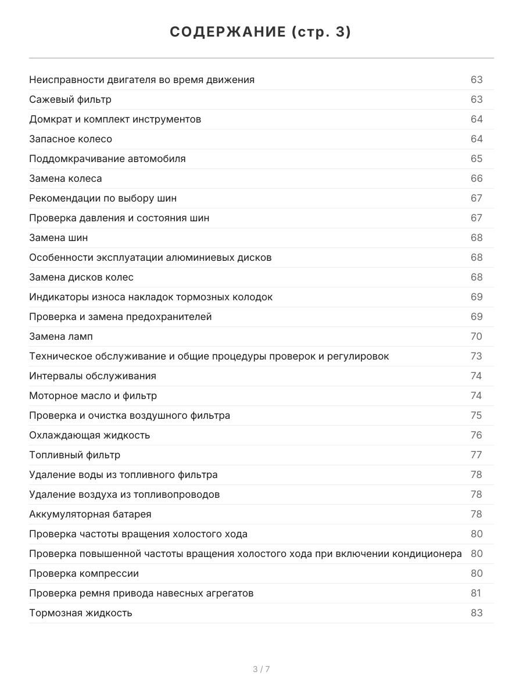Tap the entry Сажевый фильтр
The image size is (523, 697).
click(x=70, y=99)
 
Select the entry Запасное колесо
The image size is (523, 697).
click(x=70, y=139)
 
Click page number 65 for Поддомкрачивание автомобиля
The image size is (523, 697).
click(x=477, y=159)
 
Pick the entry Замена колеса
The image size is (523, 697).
click(x=66, y=178)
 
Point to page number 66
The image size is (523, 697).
click(x=477, y=178)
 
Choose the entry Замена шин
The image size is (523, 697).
click(x=59, y=238)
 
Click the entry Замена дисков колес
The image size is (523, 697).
click(x=81, y=277)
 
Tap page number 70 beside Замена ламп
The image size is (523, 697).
click(x=477, y=336)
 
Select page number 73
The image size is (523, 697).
click(x=477, y=356)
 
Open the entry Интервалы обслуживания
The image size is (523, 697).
click(x=92, y=376)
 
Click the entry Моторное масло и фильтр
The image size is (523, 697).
click(x=93, y=396)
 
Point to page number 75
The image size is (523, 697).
click(x=477, y=415)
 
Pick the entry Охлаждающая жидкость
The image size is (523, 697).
click(x=89, y=435)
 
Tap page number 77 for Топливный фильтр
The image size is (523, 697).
click(x=477, y=455)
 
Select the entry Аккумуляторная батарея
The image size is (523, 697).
click(x=90, y=514)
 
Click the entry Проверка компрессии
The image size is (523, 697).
click(x=84, y=573)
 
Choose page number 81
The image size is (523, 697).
click(x=476, y=593)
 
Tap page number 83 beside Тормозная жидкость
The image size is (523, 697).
click(x=477, y=613)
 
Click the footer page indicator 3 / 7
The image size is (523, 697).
click(x=261, y=669)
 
